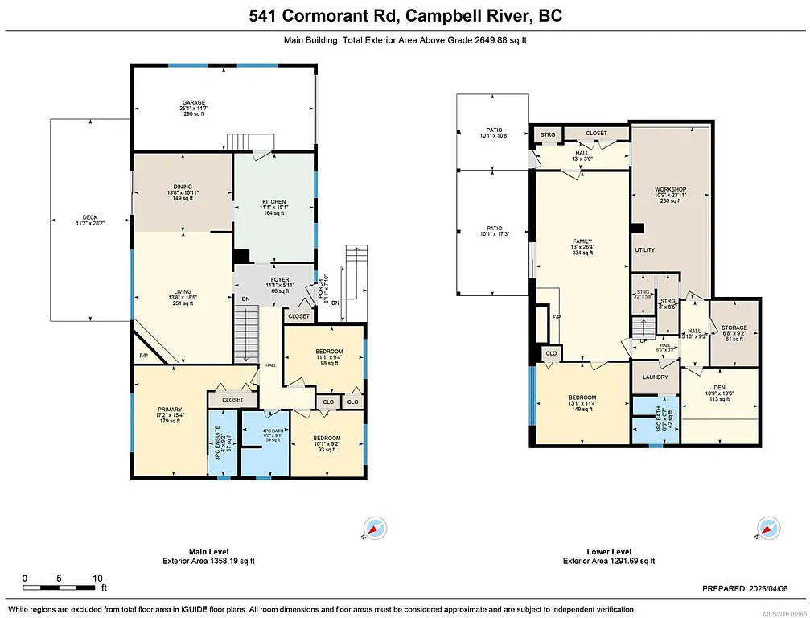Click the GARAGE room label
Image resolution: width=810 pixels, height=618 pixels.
click(x=193, y=103)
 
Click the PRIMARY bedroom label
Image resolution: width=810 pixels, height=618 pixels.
click(x=170, y=410)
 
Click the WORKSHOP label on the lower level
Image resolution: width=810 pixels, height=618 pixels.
click(x=669, y=189)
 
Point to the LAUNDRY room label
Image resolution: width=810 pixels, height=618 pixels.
click(x=655, y=377)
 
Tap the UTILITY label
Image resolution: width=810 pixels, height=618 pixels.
click(x=644, y=250)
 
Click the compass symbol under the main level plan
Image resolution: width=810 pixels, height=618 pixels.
click(x=373, y=528)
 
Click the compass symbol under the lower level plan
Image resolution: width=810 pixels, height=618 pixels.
click(x=768, y=528)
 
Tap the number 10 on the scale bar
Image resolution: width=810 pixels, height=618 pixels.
click(x=97, y=578)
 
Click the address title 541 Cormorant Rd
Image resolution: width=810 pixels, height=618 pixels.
click(x=405, y=16)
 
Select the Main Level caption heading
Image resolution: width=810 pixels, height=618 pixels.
click(x=208, y=552)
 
